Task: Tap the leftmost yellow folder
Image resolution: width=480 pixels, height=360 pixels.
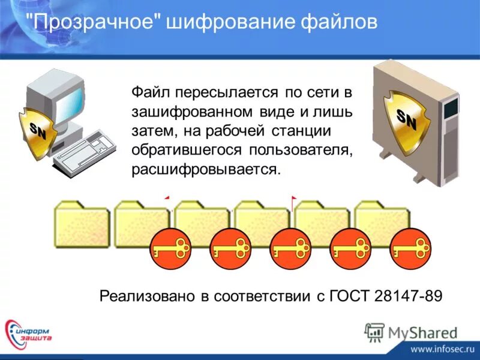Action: (x=81, y=223)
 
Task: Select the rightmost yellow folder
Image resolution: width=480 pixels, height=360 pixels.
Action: (x=381, y=219)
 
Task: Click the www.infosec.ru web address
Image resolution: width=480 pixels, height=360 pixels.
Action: (x=443, y=347)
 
